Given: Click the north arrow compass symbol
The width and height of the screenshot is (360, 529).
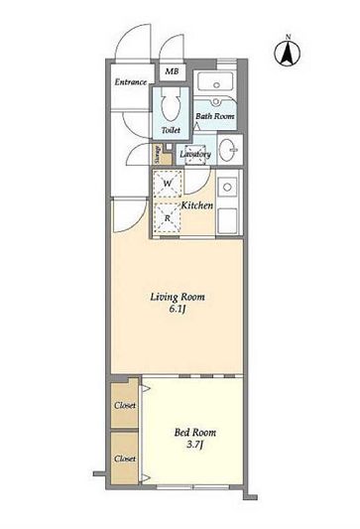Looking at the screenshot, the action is tap(288, 52).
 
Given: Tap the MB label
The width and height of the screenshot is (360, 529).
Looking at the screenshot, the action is tap(172, 71).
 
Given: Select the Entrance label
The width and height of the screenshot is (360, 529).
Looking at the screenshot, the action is tap(131, 82).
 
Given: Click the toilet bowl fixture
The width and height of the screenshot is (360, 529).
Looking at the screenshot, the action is tap(171, 105).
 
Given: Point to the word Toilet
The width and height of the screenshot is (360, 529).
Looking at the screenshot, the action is tap(171, 130).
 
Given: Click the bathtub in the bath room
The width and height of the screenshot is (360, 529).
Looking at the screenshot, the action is tap(216, 81).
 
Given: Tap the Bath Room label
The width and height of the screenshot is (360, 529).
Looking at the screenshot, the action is tap(215, 116).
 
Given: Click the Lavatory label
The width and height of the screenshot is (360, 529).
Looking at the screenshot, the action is tap(195, 154).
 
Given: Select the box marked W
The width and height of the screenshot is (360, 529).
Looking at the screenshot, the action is tap(168, 184).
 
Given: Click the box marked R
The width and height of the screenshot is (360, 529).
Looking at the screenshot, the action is tap(168, 218).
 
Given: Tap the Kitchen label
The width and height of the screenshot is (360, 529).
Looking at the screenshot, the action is tap(197, 205).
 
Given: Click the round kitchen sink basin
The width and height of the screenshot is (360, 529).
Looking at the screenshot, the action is tap(227, 187).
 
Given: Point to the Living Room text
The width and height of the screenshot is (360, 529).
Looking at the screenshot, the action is tap(178, 297).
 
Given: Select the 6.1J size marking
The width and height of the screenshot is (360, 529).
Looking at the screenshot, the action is tap(178, 310).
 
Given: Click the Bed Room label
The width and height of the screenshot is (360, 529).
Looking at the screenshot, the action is tap(195, 433).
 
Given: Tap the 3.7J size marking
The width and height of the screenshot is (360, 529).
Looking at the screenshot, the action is tap(195, 445).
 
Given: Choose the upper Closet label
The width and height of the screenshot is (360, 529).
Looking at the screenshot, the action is tap(125, 405).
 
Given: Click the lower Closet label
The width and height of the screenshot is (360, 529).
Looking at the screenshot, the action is tap(125, 459).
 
